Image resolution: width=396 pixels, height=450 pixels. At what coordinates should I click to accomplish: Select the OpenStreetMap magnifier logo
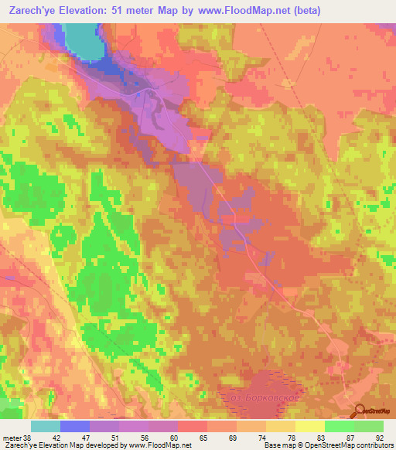click(360, 411)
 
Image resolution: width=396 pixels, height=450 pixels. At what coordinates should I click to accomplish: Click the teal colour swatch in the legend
click(46, 426)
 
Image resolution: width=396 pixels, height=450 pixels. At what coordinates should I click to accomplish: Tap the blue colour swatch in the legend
click(75, 426)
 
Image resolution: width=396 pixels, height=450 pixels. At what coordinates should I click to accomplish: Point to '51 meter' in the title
click(145, 11)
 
